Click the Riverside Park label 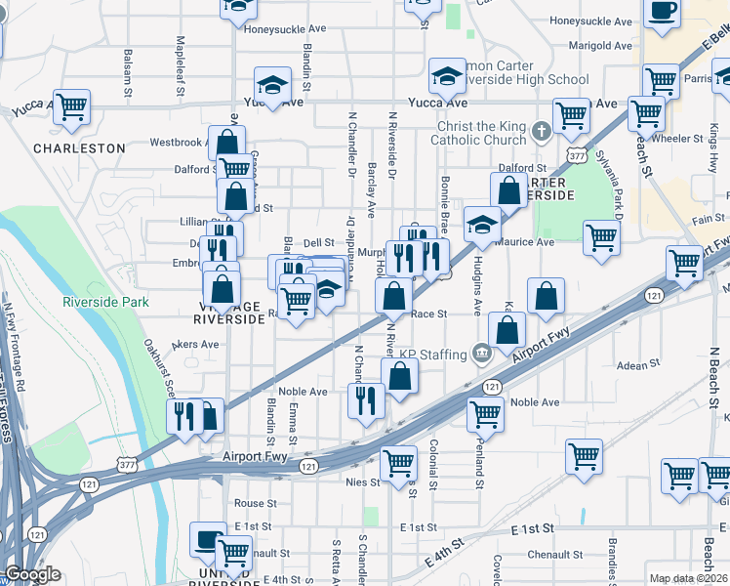coord(105,302)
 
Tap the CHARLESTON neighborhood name coord(79,148)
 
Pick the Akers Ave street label coord(195,344)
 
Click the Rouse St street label coord(256,503)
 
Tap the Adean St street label coord(640,365)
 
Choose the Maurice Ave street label coord(528,242)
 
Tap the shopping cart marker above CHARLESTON coord(71,106)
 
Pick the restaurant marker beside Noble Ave coord(367,400)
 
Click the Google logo coord(32,575)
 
